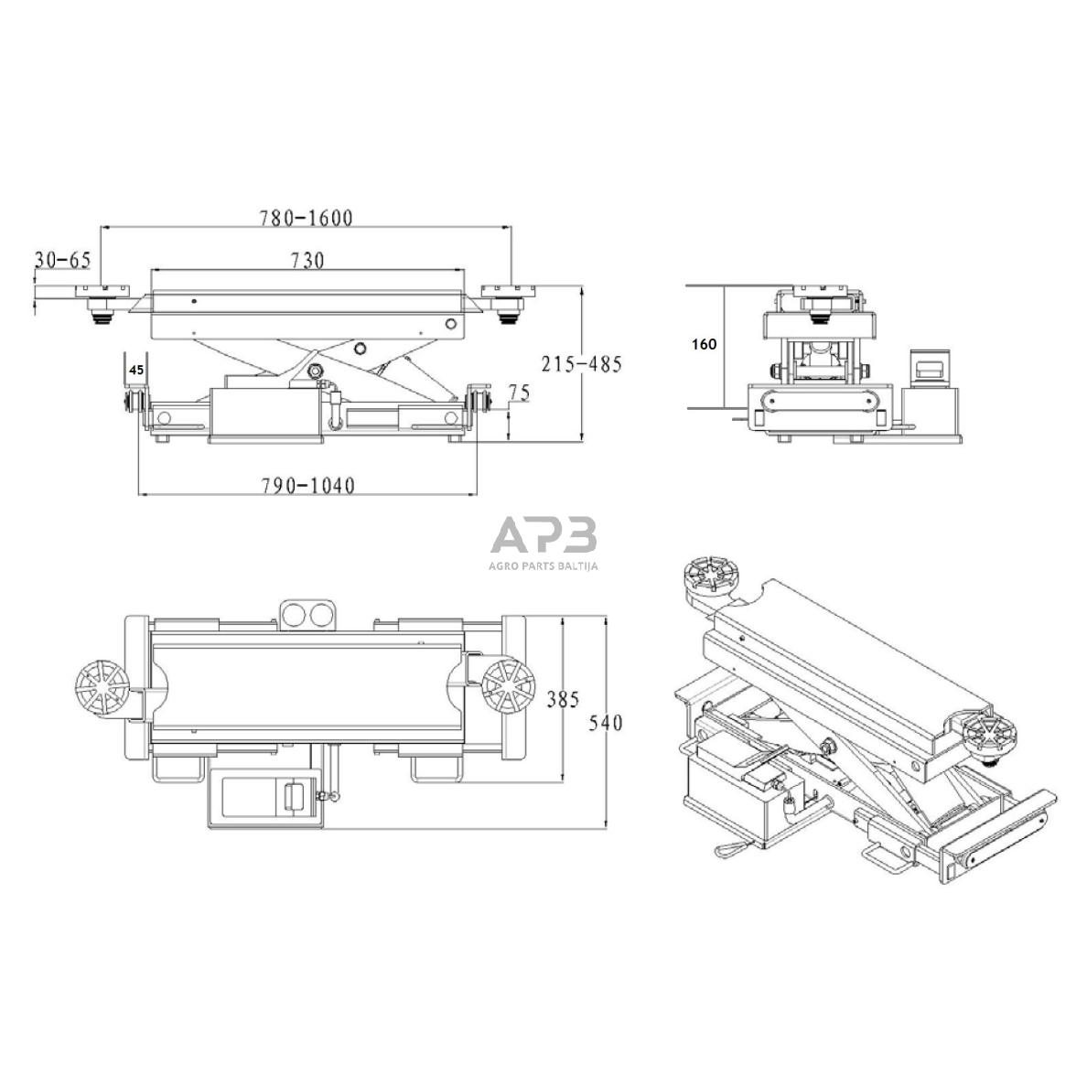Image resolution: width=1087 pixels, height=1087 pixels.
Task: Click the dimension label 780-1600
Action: coord(306,218)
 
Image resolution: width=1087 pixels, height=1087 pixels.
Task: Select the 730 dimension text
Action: coord(307,260)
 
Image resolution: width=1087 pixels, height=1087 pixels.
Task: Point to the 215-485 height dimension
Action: coord(582,364)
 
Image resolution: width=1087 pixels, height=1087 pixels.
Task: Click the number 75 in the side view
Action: coord(519,393)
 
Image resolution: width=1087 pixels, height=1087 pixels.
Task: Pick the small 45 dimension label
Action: coord(136,371)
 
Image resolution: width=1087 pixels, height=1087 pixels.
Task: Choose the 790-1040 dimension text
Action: coord(307,485)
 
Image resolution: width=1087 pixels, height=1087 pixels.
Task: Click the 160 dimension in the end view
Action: coord(705,344)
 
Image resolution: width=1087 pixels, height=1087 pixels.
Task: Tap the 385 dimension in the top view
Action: coord(563,699)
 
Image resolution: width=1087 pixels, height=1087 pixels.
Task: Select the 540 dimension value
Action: coord(606,722)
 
